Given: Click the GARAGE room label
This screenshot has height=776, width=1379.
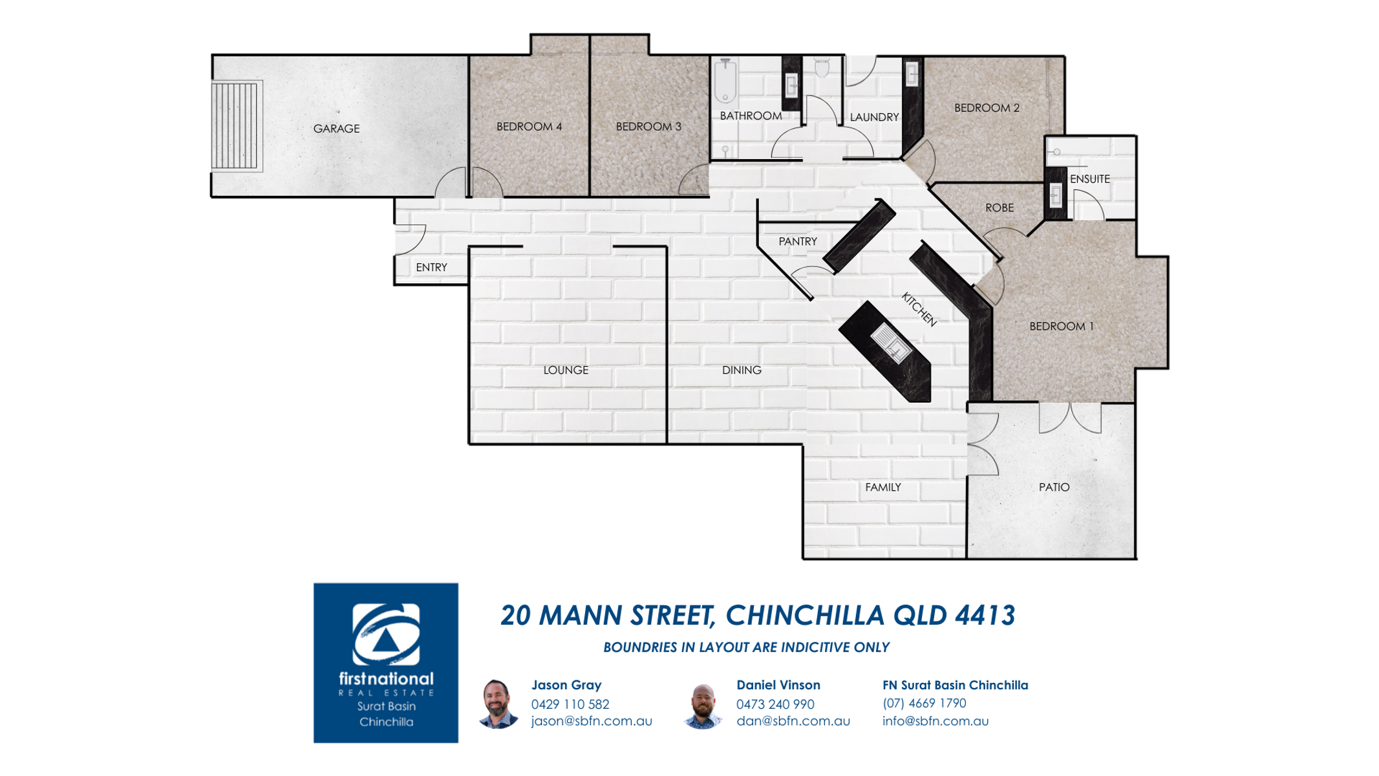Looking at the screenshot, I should click(336, 129).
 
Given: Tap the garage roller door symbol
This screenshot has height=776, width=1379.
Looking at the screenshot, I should click(237, 125).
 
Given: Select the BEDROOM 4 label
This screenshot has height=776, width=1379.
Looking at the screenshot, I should click(529, 127).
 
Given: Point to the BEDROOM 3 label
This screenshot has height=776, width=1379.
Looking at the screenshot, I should click(648, 127).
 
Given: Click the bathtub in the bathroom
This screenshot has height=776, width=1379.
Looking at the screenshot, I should click(725, 81).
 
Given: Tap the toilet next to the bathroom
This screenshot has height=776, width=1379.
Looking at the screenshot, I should click(822, 67).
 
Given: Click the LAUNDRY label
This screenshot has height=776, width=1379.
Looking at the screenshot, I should click(874, 117).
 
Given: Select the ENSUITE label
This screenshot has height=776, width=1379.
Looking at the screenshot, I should click(1089, 179).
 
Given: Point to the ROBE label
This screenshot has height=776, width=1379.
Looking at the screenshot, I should click(999, 208).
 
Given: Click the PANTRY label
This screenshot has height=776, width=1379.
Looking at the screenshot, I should click(797, 241).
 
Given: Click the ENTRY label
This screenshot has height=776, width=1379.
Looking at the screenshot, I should click(431, 267).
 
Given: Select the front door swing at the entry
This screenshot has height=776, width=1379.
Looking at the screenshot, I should click(410, 239).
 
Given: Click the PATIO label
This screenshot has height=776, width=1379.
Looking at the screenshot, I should click(1054, 487).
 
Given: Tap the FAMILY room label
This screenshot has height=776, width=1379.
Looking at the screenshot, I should click(882, 487).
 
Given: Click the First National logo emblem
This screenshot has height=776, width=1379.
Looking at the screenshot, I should click(386, 634).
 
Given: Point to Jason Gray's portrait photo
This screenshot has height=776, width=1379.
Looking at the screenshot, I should click(497, 704).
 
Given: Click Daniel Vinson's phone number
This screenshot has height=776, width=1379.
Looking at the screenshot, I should click(775, 704).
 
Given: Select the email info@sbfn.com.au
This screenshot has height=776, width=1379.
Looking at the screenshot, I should click(935, 720).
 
